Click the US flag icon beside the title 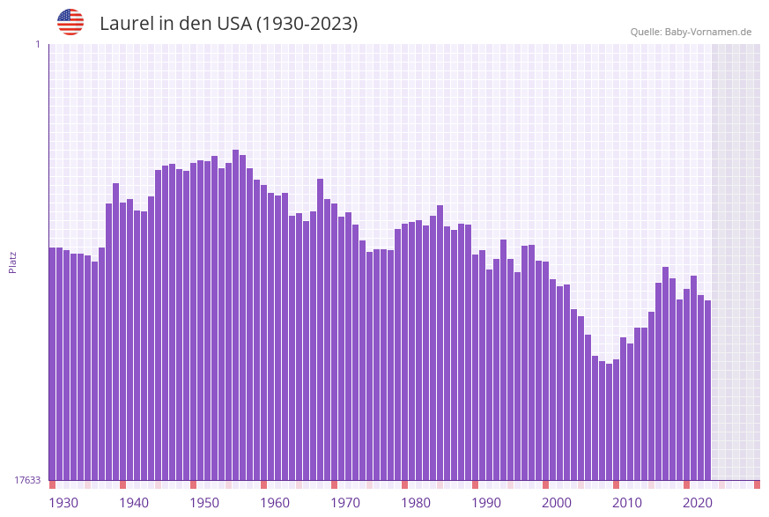coord(70,22)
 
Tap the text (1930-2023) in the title coord(307,24)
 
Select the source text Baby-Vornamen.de coord(707,33)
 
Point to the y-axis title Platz coord(13,262)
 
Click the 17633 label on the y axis coord(27,480)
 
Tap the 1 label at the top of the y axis coord(37,44)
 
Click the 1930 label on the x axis coord(63,503)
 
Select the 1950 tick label coord(204,503)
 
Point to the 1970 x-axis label coord(345,503)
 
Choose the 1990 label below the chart coord(486,503)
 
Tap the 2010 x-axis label coord(627,503)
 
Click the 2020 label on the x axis coord(698,503)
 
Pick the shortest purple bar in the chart coord(609,422)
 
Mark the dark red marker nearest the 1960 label coord(263,484)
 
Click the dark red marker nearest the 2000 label coord(545,484)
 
